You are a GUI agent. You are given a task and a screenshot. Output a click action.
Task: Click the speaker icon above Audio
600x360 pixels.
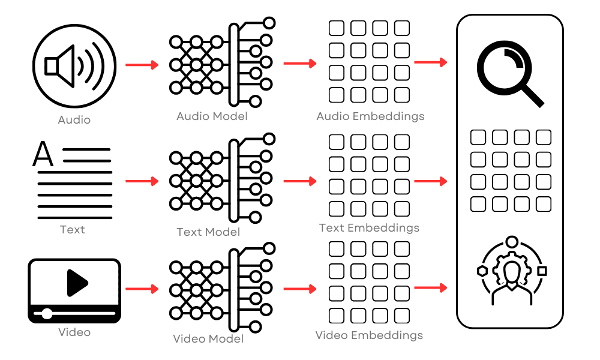coord(74,65)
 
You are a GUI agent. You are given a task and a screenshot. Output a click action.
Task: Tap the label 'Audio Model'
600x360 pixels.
coord(211,116)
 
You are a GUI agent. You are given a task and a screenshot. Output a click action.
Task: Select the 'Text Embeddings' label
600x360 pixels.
coord(369,228)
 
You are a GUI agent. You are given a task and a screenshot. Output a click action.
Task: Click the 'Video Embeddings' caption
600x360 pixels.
coord(369,335)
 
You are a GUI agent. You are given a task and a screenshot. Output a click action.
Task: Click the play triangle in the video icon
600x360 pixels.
coord(77,283)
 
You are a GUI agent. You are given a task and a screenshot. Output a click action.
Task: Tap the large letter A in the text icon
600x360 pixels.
coord(43,154)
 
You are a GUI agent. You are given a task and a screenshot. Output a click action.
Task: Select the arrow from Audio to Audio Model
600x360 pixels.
coord(142,65)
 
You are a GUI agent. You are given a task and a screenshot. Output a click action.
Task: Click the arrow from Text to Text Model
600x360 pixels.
coord(142,181)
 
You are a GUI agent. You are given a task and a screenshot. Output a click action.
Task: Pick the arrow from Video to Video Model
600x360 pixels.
coord(142,289)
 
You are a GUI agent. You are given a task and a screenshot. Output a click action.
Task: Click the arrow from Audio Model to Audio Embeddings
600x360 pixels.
coord(299,64)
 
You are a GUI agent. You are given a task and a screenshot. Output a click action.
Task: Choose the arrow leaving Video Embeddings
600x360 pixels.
coord(431,288)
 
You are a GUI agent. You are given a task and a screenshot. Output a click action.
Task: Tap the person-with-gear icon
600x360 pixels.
coord(511,273)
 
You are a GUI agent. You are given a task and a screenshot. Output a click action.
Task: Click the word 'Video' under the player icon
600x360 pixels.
coord(74,332)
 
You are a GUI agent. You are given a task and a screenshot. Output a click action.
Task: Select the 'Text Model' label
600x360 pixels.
coord(208,232)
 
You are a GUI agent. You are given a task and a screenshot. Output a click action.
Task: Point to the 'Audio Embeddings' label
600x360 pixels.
coord(370,116)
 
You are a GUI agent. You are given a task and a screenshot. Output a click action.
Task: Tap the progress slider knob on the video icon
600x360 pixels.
coord(47,313)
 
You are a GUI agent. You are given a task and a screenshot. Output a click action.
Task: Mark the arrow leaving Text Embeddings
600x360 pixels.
coord(431,181)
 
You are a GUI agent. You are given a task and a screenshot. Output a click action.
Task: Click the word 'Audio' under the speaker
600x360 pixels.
coord(74,120)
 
